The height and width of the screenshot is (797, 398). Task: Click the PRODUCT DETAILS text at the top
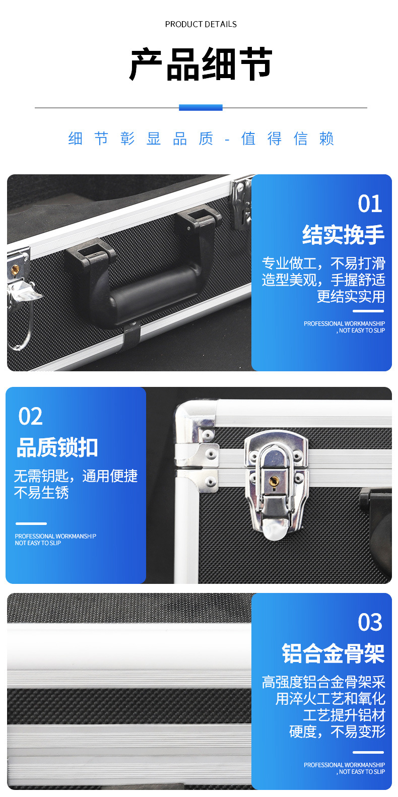[201, 24]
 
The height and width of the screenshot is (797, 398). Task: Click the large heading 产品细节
[201, 64]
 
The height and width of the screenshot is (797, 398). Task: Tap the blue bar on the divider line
[201, 107]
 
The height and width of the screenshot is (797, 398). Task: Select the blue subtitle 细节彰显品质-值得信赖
[201, 139]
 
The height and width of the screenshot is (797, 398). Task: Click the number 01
[370, 204]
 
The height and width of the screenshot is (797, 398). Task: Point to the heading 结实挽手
[343, 235]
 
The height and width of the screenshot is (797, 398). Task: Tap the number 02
[31, 416]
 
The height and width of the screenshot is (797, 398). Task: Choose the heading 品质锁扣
[57, 447]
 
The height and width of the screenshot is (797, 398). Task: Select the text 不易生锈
[41, 493]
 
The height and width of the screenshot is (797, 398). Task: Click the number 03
[370, 622]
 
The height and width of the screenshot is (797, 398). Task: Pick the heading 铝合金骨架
[334, 653]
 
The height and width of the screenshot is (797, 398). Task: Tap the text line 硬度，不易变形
[337, 732]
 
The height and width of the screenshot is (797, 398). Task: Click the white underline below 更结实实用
[368, 311]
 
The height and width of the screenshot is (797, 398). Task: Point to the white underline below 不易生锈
[31, 524]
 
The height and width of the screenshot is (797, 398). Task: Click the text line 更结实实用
[351, 296]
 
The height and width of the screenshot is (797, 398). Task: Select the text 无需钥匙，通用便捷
[76, 476]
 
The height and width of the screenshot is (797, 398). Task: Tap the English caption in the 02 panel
[55, 540]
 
